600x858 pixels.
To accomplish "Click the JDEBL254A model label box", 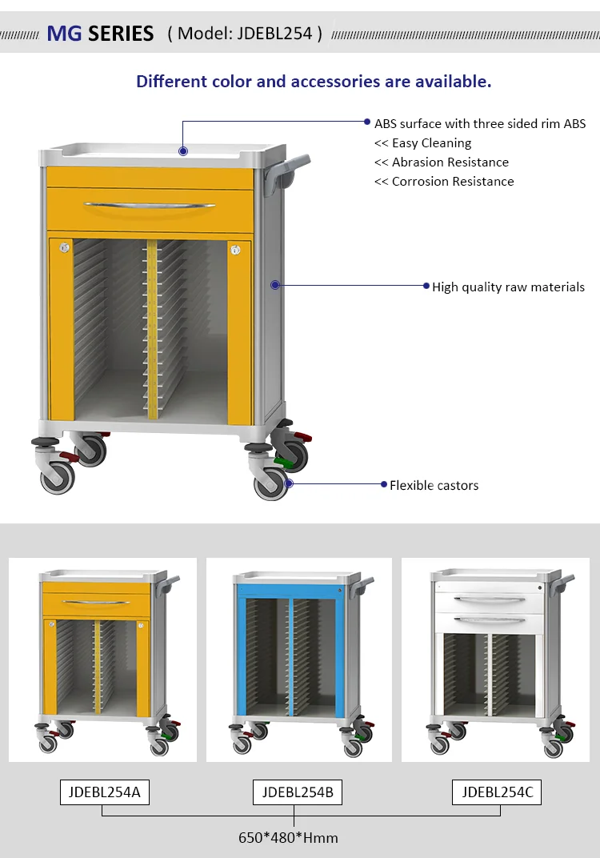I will point(105,792).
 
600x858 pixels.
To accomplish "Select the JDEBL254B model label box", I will point(298,792).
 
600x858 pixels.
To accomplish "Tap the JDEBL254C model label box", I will point(497,792).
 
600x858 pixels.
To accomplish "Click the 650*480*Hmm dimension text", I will point(288,838).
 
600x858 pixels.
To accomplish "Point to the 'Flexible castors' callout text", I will point(434,485).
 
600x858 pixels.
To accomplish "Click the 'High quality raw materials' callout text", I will point(508,287).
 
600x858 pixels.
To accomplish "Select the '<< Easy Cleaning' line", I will point(423,143).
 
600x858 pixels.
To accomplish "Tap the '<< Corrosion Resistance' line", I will point(444,182).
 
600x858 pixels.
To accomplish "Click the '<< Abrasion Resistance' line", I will point(442,162).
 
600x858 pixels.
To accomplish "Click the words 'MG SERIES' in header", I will point(100,34).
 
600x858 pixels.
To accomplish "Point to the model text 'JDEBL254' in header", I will point(274,34).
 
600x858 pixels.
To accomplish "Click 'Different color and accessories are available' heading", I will point(314,81).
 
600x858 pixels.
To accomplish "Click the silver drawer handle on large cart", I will point(150,206).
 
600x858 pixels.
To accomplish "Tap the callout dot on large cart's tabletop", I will point(183,150).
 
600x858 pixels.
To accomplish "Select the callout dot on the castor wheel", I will point(289,483).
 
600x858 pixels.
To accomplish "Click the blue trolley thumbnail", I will point(299,660).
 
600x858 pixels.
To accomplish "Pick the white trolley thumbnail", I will point(495,660).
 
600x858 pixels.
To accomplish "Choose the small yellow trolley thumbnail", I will point(102,660).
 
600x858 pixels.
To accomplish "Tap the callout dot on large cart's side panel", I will point(274,285).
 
